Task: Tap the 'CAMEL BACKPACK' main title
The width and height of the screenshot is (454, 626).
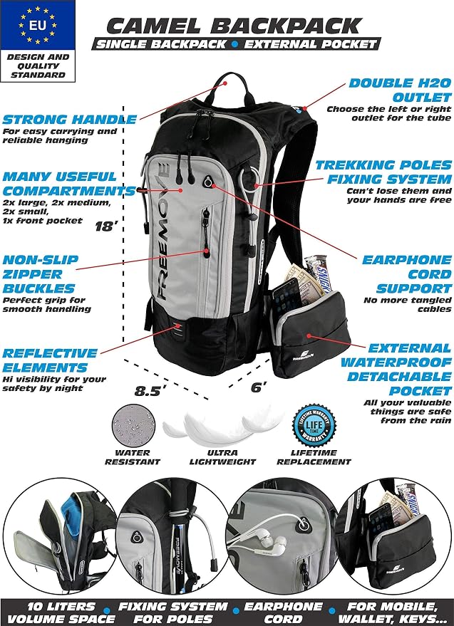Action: pos(234,26)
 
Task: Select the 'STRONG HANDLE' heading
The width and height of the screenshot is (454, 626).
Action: pos(70,120)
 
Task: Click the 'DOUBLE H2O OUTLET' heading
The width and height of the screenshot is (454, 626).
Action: pos(400,90)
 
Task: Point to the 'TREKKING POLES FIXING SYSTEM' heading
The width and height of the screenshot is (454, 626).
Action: pos(383,172)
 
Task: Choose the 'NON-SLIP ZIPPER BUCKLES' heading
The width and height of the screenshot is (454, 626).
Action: pos(41,274)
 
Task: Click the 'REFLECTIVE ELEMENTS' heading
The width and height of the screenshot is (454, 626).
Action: pos(50,360)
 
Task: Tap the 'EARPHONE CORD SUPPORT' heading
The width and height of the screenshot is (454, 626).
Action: pos(407,274)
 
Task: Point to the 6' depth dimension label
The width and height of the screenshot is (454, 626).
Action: pos(259,387)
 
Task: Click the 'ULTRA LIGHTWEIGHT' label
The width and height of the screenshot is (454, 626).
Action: pos(222,457)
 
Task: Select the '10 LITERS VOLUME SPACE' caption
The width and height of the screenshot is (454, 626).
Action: pos(61,613)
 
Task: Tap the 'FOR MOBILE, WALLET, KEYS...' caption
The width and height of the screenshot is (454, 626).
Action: pos(393,613)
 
